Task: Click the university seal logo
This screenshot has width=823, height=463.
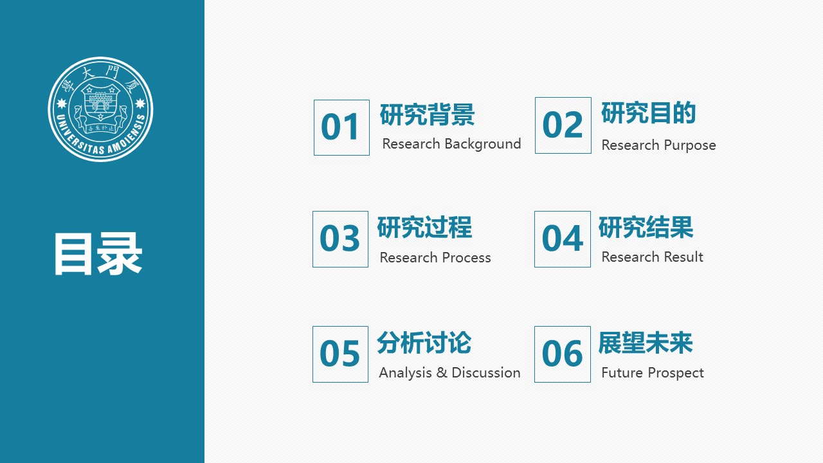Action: tap(100, 109)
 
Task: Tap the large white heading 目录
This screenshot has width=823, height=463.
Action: tap(98, 255)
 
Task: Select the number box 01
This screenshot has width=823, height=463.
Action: tap(341, 127)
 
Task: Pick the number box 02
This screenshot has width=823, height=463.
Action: tap(563, 125)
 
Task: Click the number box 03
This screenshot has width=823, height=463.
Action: tap(340, 239)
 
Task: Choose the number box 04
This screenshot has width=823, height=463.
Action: tap(562, 239)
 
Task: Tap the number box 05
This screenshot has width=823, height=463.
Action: tap(340, 354)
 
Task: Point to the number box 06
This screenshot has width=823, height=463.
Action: tap(562, 354)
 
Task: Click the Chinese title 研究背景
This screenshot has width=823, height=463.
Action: tap(427, 115)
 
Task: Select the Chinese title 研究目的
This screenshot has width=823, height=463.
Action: tap(648, 113)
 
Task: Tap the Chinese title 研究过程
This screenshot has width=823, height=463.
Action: tap(424, 228)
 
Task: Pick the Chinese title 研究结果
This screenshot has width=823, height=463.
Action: tap(646, 228)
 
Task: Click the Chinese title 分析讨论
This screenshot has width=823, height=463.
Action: tap(424, 343)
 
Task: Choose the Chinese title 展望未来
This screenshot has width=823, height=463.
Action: tap(646, 343)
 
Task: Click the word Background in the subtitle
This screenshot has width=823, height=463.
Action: tap(482, 144)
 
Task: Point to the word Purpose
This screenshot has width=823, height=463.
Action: tap(689, 145)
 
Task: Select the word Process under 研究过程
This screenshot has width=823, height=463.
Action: tap(462, 258)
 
